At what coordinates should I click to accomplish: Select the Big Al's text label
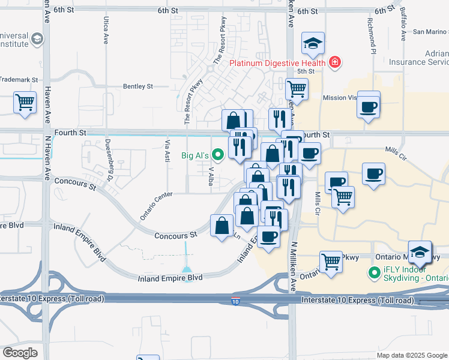195,156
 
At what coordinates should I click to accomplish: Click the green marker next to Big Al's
218,156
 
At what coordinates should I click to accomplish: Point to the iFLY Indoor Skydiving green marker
373,274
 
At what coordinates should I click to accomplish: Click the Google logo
20,352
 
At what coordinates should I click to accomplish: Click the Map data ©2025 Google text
411,355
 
